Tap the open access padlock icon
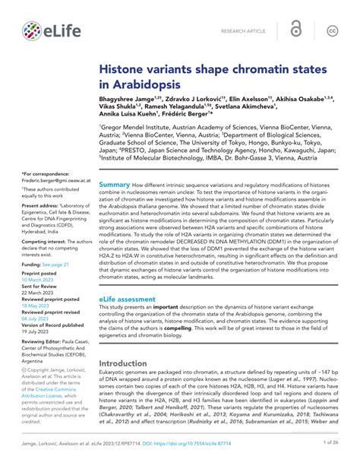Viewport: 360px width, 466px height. click(x=295, y=30)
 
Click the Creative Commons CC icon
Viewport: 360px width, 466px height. click(x=332, y=30)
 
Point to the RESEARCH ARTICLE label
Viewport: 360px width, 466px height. click(x=245, y=31)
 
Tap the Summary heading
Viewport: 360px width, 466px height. click(x=115, y=185)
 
